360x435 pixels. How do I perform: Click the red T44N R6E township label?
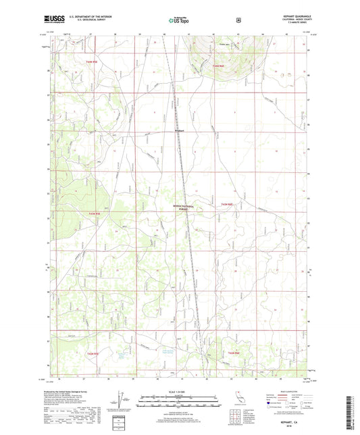coord(216,66)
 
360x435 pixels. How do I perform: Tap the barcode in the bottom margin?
coord(351,413)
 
